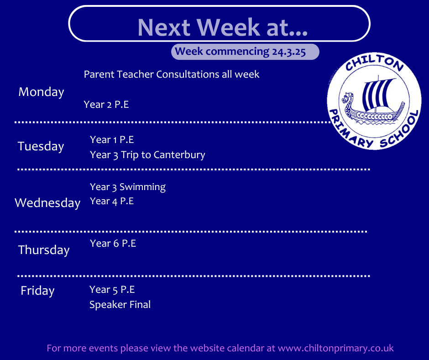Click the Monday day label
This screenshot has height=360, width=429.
click(41, 92)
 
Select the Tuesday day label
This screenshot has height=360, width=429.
click(41, 147)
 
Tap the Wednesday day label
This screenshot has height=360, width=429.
click(47, 203)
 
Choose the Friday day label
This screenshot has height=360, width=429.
click(37, 291)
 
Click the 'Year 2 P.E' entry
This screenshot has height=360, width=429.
click(106, 105)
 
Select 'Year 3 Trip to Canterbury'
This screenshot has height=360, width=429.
click(147, 155)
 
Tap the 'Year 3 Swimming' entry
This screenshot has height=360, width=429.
click(128, 187)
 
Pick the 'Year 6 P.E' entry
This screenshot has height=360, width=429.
click(113, 244)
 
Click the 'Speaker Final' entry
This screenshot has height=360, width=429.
click(120, 305)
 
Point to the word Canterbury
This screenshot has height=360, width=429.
click(179, 155)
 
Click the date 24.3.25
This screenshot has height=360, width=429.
click(288, 52)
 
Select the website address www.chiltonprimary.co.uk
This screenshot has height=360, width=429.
click(336, 348)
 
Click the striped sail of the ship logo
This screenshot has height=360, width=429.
click(377, 93)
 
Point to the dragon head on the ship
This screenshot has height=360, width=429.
click(347, 98)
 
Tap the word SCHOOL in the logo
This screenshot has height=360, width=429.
click(401, 130)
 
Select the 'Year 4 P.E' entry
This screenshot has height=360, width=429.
click(112, 201)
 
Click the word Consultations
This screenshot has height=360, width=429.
click(188, 74)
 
